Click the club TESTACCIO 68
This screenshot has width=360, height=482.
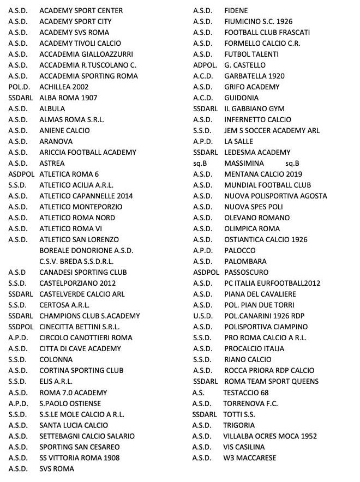click(x=246, y=393)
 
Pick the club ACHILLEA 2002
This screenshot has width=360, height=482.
click(x=64, y=87)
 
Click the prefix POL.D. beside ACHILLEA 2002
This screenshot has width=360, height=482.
click(x=19, y=87)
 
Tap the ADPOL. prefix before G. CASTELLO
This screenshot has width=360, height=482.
click(x=205, y=65)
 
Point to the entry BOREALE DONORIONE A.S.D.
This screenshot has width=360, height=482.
click(x=86, y=250)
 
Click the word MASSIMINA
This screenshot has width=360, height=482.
click(x=244, y=163)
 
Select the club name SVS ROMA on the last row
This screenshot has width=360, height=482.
click(x=57, y=469)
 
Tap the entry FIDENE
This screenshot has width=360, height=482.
click(x=236, y=10)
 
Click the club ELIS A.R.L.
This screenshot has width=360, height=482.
click(x=56, y=382)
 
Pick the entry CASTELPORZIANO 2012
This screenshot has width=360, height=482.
click(x=77, y=283)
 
